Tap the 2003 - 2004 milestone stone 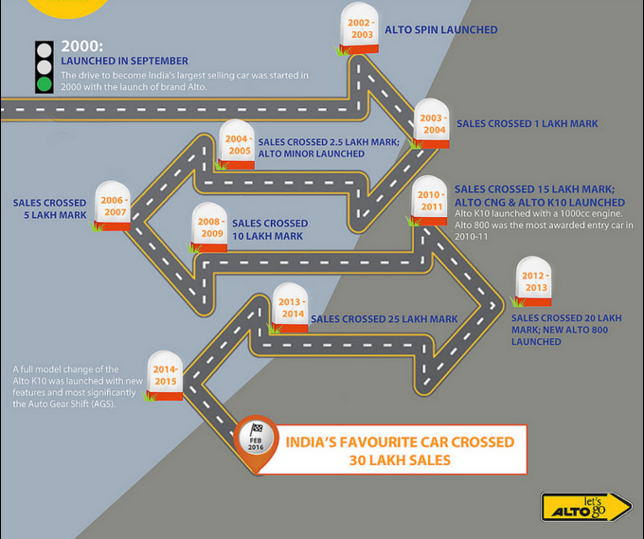click(432, 123)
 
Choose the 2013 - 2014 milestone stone click(291, 308)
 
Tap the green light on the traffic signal click(44, 83)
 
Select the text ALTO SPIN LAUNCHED click(440, 30)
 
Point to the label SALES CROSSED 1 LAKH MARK click(527, 124)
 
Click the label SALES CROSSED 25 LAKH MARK click(384, 319)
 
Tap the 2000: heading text click(82, 45)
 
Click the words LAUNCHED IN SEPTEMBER click(124, 62)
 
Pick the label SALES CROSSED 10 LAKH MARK click(269, 229)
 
